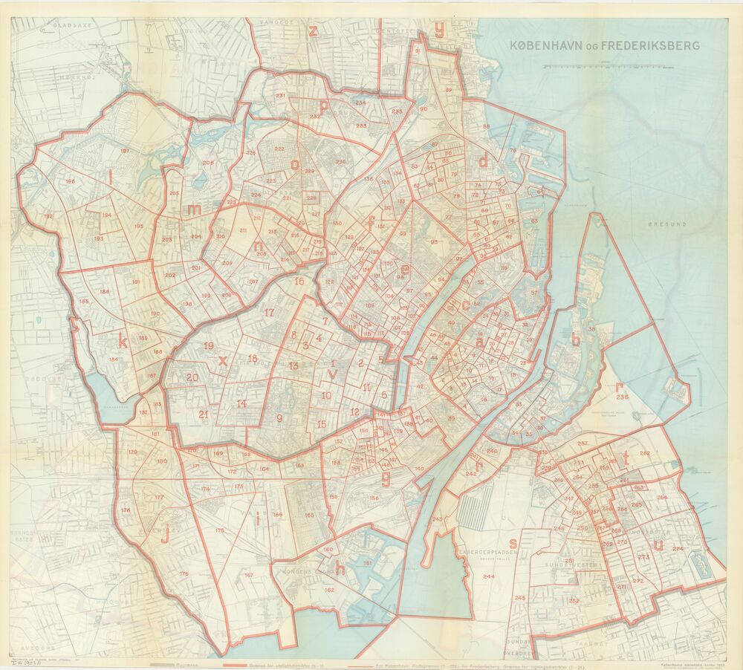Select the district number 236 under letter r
pos(622,397)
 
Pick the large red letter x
pos(222,360)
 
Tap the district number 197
pos(124,151)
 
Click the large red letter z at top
pos(314,30)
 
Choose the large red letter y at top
pos(439,30)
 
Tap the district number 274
pos(677,548)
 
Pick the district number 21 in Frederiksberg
pos(203,414)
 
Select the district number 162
pos(329,589)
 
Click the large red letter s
pos(513,543)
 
